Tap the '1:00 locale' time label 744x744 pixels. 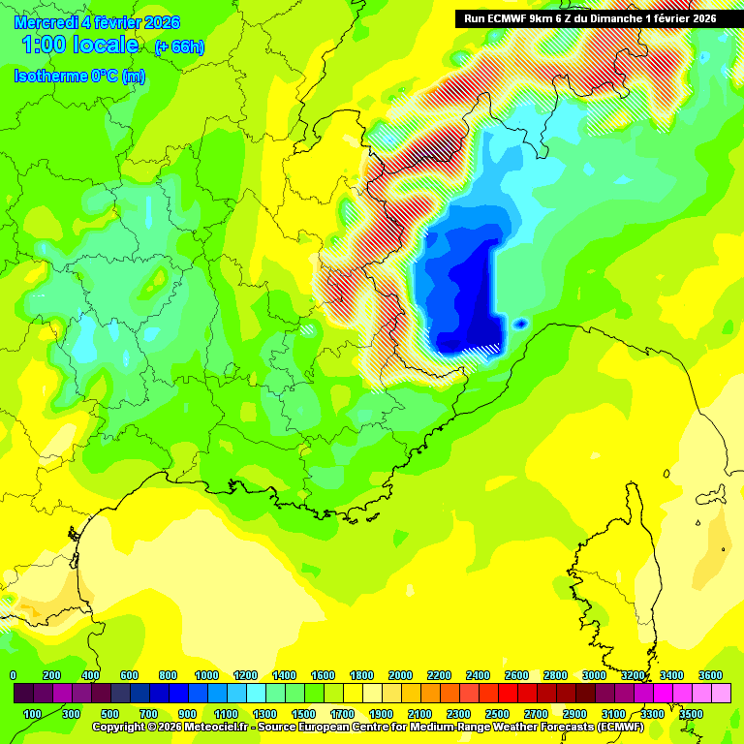click(x=79, y=46)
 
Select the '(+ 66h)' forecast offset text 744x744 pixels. click(x=179, y=47)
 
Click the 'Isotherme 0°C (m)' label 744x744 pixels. click(x=79, y=77)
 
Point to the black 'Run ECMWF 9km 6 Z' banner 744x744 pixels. click(x=585, y=18)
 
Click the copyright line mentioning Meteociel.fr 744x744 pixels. click(x=368, y=726)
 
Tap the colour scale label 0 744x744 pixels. click(x=13, y=675)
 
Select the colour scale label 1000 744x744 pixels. click(x=206, y=675)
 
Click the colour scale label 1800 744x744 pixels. click(x=361, y=675)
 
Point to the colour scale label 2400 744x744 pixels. click(x=478, y=675)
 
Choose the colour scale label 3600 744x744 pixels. click(x=710, y=675)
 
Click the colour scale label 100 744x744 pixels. click(x=32, y=714)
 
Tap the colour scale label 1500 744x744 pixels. click(x=303, y=714)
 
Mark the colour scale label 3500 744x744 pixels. click(x=691, y=714)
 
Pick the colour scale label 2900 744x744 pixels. click(x=574, y=714)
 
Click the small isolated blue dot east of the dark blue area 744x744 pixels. click(x=520, y=324)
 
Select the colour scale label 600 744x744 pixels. click(x=129, y=675)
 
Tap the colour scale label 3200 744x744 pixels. click(x=633, y=675)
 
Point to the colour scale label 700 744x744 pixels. click(x=148, y=714)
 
